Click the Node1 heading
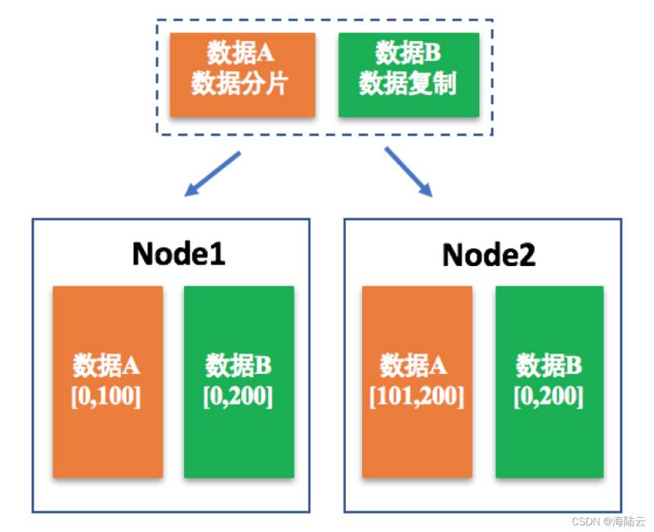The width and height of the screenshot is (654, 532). [178, 254]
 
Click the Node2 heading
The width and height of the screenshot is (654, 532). [489, 255]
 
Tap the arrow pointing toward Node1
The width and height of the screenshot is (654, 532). [213, 174]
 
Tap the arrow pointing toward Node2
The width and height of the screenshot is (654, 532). [408, 172]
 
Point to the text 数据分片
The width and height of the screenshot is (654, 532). [240, 83]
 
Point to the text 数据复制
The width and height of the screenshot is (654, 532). [408, 83]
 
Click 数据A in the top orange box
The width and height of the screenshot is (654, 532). [240, 53]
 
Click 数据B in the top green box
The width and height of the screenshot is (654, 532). [408, 53]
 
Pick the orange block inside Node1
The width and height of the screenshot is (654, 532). [108, 381]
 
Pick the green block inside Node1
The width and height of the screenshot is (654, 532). [239, 381]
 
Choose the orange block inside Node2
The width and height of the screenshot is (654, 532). [417, 381]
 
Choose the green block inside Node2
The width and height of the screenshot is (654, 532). [549, 381]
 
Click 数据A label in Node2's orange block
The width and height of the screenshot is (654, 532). [413, 365]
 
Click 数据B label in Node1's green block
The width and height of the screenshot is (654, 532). [238, 365]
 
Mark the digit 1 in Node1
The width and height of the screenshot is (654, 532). [219, 254]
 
